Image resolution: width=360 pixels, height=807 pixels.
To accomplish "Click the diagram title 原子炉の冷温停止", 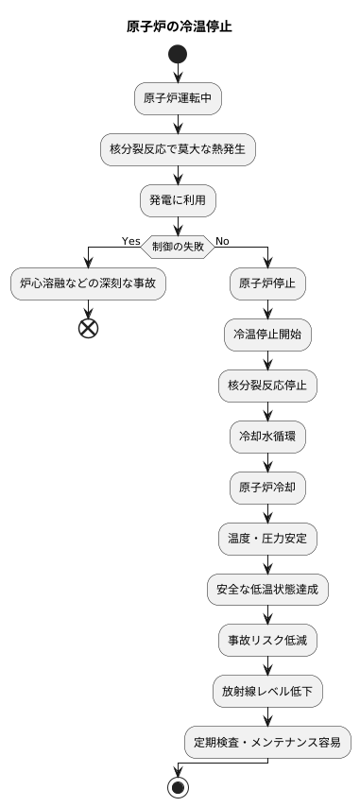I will point(180,26).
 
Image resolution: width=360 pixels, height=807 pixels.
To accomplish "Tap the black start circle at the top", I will point(178,56).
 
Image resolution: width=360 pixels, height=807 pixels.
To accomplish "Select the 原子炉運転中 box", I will point(178,97).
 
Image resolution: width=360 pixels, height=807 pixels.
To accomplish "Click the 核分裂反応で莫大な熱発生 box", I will point(178,148).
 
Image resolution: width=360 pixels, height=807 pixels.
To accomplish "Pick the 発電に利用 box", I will point(178,199).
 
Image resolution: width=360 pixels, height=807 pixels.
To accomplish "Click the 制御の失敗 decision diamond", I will point(178,248).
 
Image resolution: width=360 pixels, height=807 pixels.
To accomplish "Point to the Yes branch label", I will point(131,241).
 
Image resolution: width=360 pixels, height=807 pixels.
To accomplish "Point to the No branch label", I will point(222,241).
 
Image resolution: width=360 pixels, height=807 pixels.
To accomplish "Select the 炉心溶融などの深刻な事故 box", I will point(88,283).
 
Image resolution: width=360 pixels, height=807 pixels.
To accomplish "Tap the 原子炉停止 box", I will point(267,283).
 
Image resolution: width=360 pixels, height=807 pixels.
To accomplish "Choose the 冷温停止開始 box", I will point(267,335).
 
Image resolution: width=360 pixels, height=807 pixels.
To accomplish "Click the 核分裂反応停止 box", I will point(267,386).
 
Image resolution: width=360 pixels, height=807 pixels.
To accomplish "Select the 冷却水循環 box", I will point(267,437).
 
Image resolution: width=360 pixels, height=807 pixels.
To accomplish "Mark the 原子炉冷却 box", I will point(267,488).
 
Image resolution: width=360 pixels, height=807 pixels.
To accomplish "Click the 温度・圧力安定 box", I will point(267,539).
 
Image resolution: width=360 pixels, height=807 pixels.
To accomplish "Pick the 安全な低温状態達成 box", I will point(267,590).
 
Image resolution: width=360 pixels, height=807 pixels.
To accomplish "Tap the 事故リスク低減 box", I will point(267,641).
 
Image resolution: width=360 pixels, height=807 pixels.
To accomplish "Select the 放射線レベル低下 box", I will point(267,692).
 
